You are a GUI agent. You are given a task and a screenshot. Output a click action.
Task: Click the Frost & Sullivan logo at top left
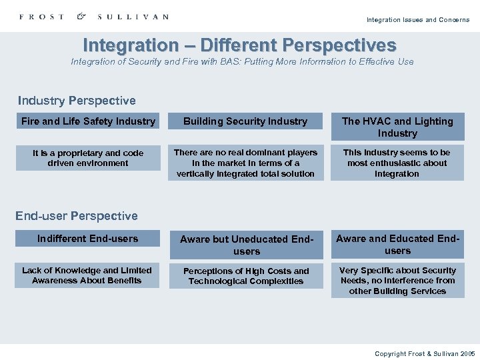94,17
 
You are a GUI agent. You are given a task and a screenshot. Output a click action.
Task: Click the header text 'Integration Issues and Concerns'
417,20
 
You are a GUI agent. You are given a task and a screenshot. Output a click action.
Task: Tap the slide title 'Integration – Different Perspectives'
239,45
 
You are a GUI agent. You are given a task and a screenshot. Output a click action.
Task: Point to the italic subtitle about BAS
242,61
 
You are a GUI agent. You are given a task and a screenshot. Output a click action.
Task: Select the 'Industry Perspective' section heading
77,101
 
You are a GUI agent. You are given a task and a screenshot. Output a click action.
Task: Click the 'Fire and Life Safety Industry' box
88,121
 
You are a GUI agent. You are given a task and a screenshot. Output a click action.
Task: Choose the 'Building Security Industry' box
245,121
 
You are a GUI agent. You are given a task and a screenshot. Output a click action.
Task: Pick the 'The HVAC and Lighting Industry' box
397,127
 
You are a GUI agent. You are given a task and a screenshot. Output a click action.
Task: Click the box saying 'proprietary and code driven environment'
88,158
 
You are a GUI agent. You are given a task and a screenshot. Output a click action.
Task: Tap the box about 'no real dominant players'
245,163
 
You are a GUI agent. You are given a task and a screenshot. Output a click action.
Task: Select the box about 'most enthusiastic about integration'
397,163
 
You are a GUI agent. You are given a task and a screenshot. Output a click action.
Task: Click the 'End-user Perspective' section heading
77,216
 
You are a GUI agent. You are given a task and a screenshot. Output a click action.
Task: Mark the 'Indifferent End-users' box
88,239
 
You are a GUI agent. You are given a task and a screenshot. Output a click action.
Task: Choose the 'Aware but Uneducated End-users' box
246,245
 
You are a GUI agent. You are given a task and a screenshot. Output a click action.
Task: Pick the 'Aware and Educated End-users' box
397,244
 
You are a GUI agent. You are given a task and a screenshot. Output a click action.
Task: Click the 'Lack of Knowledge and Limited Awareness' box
87,275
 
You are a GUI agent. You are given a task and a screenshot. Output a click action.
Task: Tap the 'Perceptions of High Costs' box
246,276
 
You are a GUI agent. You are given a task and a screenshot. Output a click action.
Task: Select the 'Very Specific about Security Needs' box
397,281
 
